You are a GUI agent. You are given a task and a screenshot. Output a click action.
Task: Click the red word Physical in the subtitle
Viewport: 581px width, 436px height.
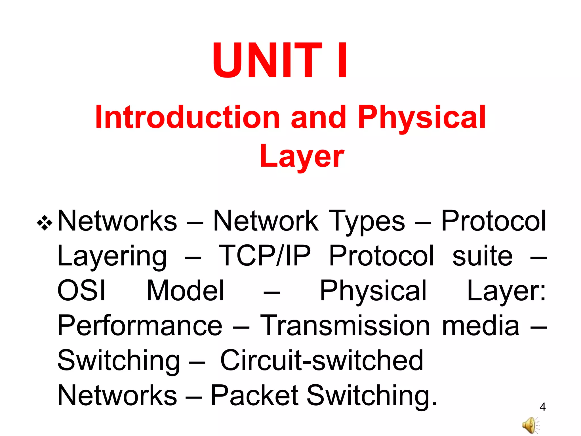[x=422, y=117]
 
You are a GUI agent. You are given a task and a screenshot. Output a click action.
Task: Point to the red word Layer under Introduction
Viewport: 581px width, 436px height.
[x=302, y=156]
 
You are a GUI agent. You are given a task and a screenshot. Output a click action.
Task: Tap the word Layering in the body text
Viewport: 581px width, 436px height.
[x=112, y=257]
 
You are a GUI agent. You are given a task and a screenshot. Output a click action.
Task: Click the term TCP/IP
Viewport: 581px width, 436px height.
[x=264, y=256]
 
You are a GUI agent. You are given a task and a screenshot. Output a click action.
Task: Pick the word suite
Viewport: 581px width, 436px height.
[x=482, y=256]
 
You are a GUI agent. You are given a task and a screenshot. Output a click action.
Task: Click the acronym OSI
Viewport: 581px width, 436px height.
[x=81, y=291]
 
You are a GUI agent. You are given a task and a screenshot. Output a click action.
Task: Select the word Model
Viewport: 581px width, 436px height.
[x=185, y=291]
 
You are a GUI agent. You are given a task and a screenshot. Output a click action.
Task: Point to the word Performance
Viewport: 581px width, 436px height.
[x=140, y=326]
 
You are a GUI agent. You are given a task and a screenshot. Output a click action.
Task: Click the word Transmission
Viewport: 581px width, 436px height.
[x=345, y=326]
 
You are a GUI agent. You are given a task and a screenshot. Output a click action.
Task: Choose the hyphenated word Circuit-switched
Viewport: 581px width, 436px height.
[x=322, y=360]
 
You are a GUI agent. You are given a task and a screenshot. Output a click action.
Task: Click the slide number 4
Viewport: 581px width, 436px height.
[x=542, y=407]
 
